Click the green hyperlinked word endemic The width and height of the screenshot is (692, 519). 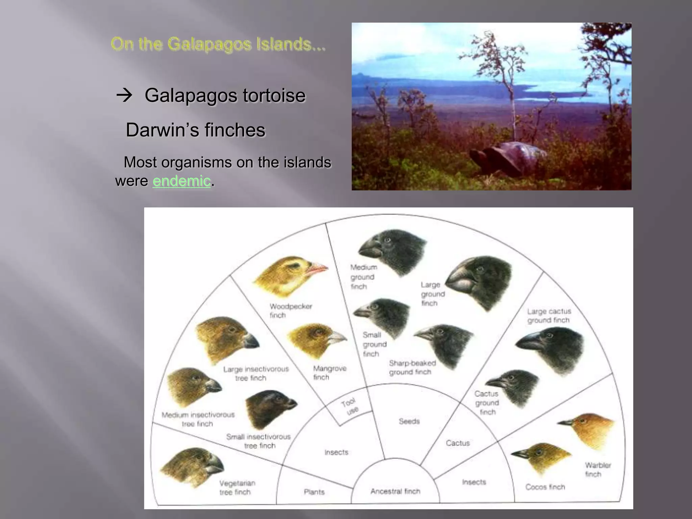click(181, 181)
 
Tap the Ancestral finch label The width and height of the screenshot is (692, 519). click(395, 491)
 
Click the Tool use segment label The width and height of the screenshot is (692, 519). click(350, 406)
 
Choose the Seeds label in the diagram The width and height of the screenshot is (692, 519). click(409, 421)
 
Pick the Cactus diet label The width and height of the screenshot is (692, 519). click(458, 443)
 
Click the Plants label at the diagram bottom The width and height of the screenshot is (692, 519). click(314, 492)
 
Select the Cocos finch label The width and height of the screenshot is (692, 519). click(545, 487)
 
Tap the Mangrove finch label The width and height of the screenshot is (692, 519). click(329, 373)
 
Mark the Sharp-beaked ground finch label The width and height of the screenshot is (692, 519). click(412, 368)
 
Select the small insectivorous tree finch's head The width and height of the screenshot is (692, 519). click(270, 407)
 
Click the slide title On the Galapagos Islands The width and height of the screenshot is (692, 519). click(218, 44)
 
